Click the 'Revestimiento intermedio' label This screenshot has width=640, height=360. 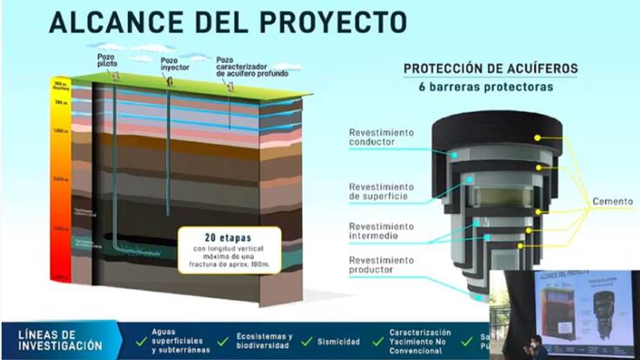382,230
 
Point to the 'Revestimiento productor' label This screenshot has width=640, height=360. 382,264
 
